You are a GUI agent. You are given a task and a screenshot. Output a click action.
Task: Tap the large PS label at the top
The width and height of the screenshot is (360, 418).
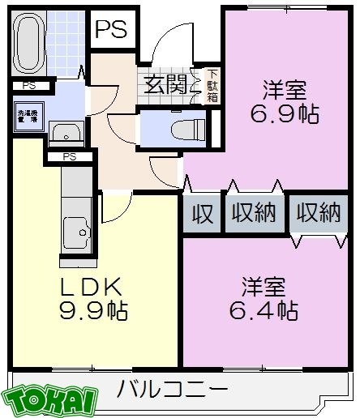111,29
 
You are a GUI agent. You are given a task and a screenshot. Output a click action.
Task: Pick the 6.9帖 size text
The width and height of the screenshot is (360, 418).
273,113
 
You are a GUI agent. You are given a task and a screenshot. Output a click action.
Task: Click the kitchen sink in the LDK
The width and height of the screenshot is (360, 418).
79,235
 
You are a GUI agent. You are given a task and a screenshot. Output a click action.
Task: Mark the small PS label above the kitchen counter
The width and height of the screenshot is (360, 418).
69,156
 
